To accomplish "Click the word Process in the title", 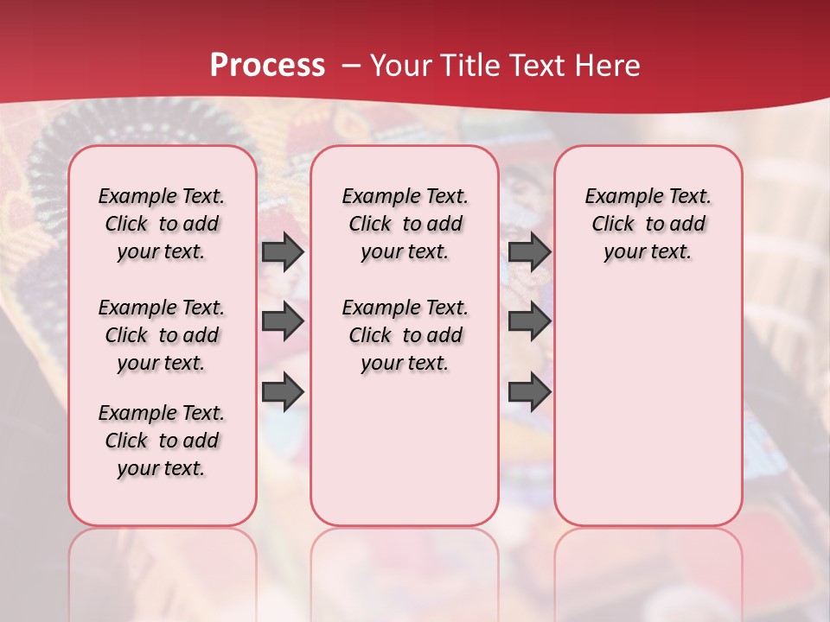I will point(267,66).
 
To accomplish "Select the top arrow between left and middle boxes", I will point(282,251).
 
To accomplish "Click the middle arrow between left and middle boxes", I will point(282,321).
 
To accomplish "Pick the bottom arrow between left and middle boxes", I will point(282,392).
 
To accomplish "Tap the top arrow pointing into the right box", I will point(529,251).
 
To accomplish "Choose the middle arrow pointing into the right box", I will point(529,321).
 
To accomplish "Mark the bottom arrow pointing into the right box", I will point(529,392).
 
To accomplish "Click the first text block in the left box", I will point(162,224).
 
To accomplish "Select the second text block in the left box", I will point(162,335).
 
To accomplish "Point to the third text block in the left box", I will point(162,441).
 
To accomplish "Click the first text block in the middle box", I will point(405,224).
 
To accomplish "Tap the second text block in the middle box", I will point(405,335).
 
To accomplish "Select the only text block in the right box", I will point(648,224).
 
